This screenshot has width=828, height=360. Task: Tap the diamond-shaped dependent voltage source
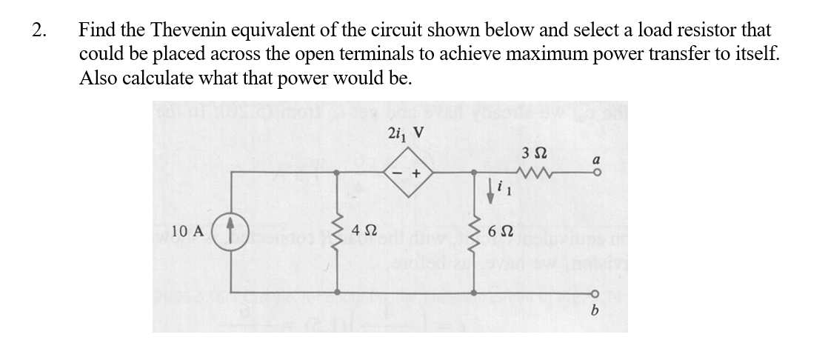point(407,173)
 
